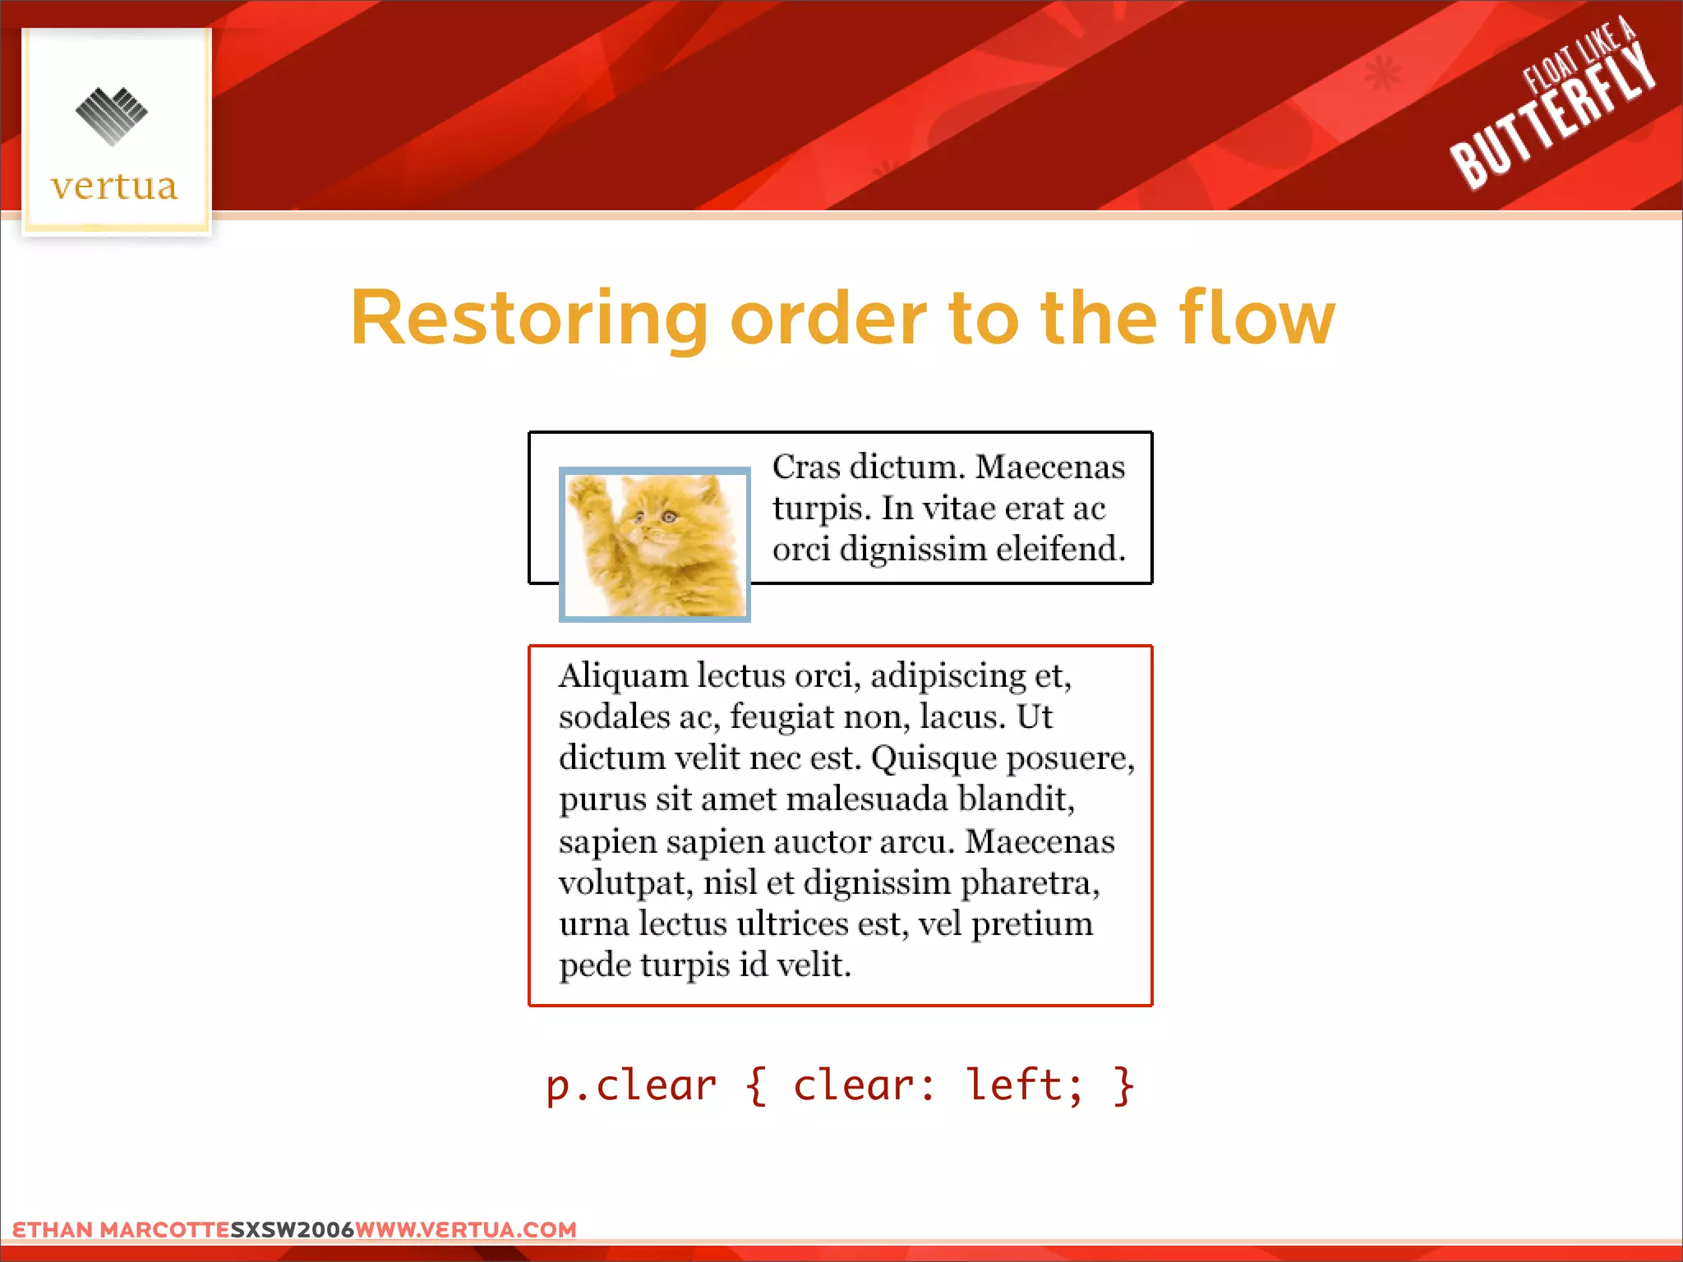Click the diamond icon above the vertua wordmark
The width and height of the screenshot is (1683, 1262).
(112, 116)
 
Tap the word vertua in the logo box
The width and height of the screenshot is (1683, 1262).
(114, 187)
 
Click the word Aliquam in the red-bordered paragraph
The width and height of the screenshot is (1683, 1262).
(624, 676)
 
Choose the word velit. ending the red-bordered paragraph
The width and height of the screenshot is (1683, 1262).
(814, 965)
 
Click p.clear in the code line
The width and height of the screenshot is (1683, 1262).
(631, 1086)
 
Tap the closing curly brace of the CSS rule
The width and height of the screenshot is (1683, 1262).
(1124, 1086)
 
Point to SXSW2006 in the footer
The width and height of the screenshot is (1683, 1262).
(292, 1230)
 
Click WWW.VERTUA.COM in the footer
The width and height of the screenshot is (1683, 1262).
(466, 1230)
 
